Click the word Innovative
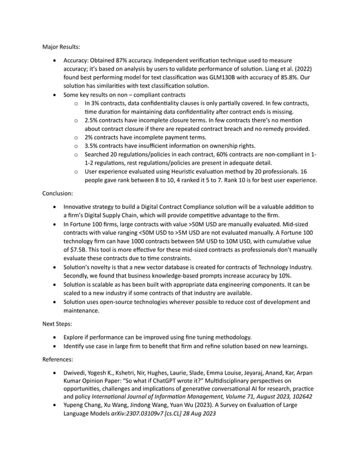point(82,207)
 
